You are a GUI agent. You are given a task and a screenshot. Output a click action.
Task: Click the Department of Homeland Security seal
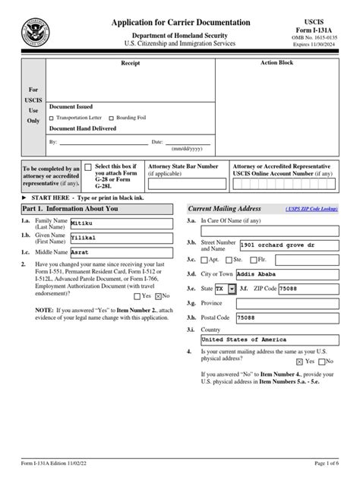(33, 34)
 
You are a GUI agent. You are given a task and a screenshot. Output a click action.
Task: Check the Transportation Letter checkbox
(52, 118)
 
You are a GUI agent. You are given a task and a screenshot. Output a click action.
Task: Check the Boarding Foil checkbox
(112, 118)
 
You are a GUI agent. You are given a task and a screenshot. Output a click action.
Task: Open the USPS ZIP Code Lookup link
(310, 208)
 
